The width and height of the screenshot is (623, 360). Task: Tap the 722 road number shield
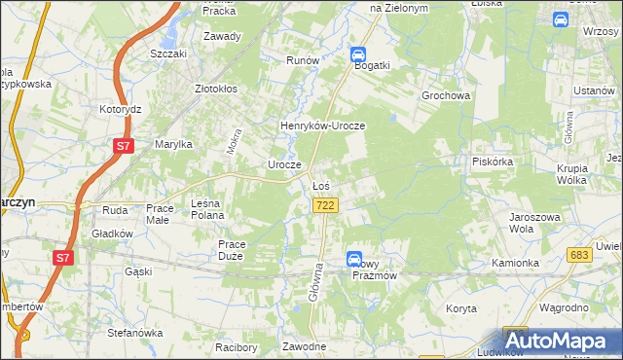click(x=326, y=205)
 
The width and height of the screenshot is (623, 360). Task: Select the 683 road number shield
click(x=581, y=254)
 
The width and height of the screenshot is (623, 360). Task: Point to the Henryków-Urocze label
click(x=322, y=126)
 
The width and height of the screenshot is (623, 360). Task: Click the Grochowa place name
click(x=446, y=96)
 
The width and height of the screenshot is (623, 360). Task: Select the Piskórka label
click(x=492, y=162)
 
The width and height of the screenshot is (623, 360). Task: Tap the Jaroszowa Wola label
click(x=530, y=223)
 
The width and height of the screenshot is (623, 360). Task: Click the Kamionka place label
click(x=515, y=263)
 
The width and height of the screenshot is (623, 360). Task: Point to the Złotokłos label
click(x=216, y=89)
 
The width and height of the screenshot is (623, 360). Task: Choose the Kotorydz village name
click(x=121, y=110)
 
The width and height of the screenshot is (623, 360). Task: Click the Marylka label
click(x=174, y=144)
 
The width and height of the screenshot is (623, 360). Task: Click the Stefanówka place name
click(x=134, y=333)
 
